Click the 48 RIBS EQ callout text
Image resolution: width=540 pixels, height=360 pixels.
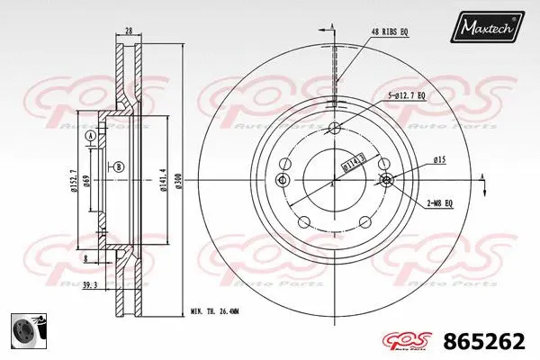tap(390, 31)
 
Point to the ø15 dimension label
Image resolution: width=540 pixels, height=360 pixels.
tap(440, 159)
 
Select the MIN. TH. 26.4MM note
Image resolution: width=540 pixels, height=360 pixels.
tap(214, 311)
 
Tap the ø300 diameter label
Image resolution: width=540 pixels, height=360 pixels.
tap(178, 181)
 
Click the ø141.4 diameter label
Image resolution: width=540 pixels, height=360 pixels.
tap(162, 181)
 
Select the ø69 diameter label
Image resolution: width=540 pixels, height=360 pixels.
tap(86, 181)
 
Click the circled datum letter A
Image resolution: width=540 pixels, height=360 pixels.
tap(91, 135)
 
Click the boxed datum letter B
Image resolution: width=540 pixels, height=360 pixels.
tap(119, 167)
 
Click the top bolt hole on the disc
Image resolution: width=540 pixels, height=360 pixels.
tap(335, 126)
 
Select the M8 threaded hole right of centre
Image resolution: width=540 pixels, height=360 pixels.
tap(387, 181)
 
